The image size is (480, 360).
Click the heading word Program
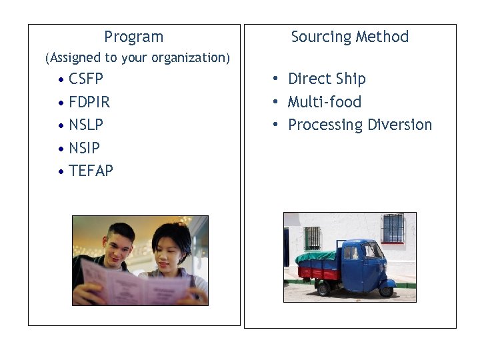[x=133, y=37]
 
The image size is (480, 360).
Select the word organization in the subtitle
[x=190, y=58]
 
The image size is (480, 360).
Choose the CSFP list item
[x=86, y=79]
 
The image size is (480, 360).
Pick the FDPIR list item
[x=89, y=102]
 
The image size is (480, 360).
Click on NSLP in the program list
[x=86, y=125]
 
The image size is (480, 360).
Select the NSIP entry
[x=84, y=147]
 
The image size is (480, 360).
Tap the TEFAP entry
[x=91, y=171]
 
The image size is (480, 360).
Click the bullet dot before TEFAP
[x=61, y=171]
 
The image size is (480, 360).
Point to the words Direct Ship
[x=327, y=79]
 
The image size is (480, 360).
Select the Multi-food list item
[x=324, y=102]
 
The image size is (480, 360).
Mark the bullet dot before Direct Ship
[x=274, y=79]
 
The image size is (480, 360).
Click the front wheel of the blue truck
[x=385, y=289]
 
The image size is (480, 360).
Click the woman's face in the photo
[x=166, y=249]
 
